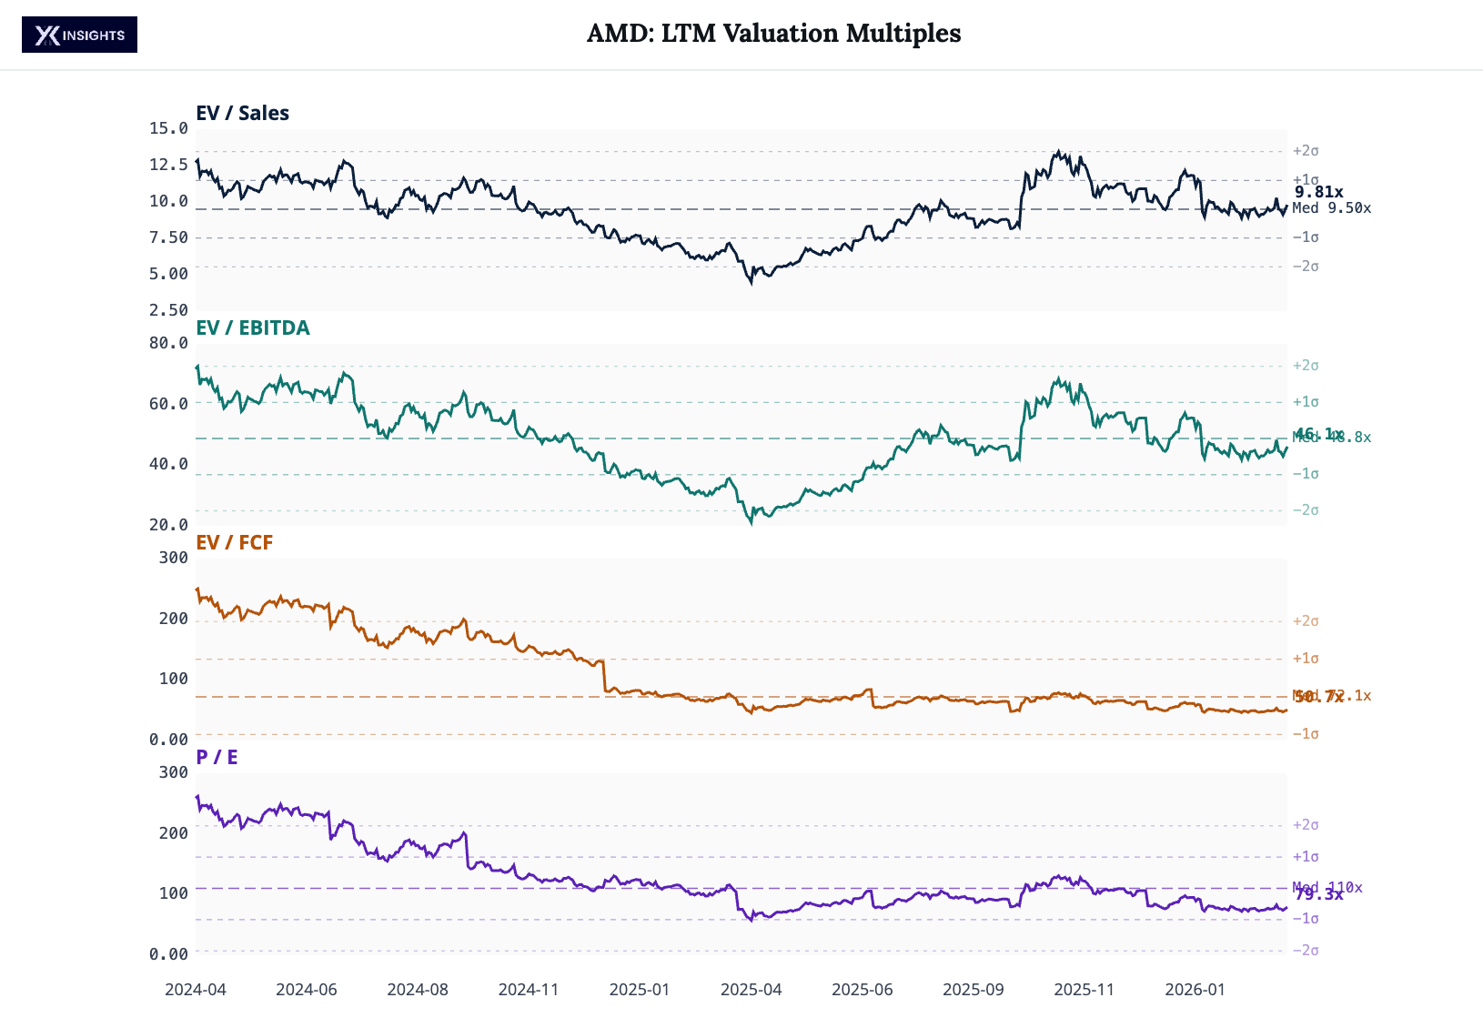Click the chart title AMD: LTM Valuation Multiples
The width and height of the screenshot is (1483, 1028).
pos(773,34)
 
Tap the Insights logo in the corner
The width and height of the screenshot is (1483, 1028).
pos(80,35)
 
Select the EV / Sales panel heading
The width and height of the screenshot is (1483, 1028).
pos(242,114)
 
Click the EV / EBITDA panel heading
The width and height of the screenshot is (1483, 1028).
pos(253,328)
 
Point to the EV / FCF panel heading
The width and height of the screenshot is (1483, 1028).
pos(234,543)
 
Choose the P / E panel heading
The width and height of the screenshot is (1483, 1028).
pos(217,758)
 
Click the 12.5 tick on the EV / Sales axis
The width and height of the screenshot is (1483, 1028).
pos(168,165)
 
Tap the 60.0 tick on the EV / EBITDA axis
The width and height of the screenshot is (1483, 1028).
pos(168,404)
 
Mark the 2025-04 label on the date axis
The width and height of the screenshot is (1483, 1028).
pos(751,990)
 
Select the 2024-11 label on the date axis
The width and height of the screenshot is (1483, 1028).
pos(529,990)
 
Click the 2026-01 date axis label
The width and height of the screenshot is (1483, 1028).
pos(1195,990)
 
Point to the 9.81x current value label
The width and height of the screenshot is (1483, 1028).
pos(1318,192)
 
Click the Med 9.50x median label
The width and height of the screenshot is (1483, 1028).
pos(1331,208)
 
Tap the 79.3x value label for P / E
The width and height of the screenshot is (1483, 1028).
pos(1318,895)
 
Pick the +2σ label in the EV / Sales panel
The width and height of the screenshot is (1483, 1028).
pos(1306,151)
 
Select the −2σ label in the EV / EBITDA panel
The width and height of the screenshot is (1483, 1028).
pos(1306,510)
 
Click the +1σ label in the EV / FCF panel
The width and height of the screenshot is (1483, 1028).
pos(1306,659)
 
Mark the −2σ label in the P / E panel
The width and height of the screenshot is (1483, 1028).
pos(1306,951)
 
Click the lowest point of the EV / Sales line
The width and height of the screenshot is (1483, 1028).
pos(751,283)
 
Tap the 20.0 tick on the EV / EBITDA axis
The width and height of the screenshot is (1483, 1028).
pos(168,525)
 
